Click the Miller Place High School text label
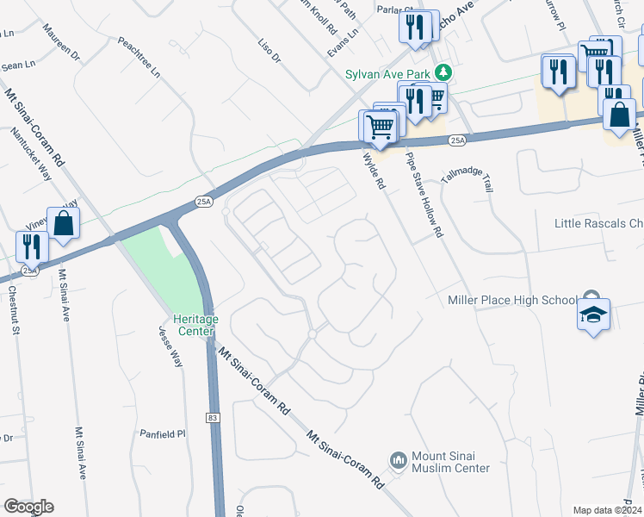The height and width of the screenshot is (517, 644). (x=512, y=300)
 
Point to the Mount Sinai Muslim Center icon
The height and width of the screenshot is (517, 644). (x=398, y=461)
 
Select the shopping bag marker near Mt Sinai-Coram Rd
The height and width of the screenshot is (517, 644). (x=64, y=223)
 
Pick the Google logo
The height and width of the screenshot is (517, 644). (x=28, y=507)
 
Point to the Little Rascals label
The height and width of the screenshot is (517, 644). (x=598, y=224)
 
